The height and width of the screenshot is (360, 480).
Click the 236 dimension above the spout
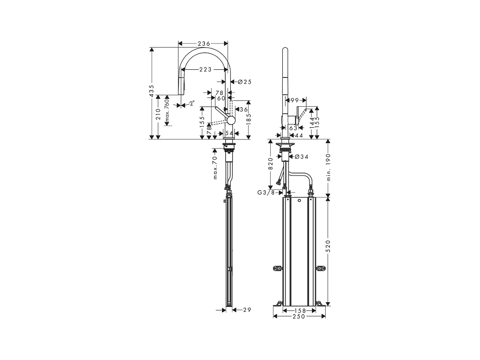coord(203,43)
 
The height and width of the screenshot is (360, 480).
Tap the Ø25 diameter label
coord(245,81)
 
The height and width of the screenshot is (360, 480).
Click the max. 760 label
coord(166,110)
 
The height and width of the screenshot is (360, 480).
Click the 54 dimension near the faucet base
coord(229,133)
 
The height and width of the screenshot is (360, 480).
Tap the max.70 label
coord(215,167)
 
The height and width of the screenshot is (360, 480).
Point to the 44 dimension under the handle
coord(299,135)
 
